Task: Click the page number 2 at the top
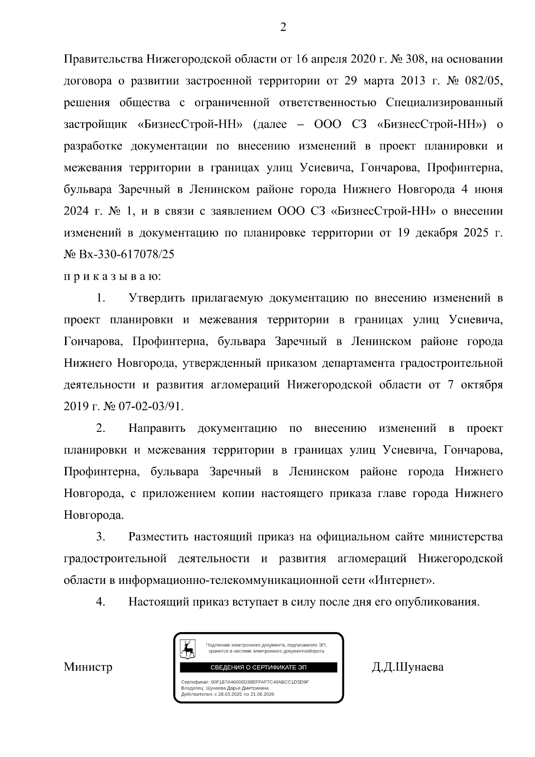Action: tap(283, 28)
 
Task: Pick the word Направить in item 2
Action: tap(157, 429)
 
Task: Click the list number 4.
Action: tap(100, 602)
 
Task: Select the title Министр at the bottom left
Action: tap(88, 667)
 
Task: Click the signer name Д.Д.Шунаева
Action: tap(407, 667)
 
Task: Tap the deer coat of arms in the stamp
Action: tap(187, 649)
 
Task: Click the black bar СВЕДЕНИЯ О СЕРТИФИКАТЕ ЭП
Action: tap(259, 667)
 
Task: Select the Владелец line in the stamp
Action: tap(225, 688)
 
